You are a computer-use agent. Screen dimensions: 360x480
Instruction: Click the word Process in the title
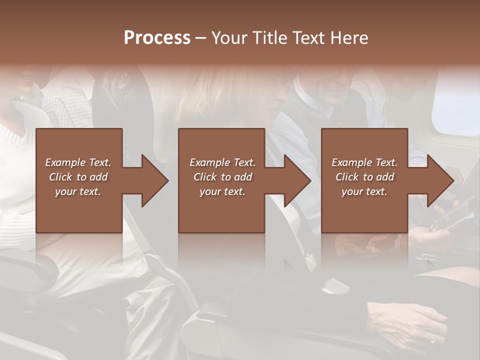[157, 38]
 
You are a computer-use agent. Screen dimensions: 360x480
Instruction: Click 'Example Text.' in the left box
[78, 162]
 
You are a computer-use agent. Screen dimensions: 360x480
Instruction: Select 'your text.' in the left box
[78, 191]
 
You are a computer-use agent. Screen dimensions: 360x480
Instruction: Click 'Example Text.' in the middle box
[222, 162]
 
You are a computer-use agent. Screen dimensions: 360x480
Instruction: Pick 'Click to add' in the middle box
[222, 177]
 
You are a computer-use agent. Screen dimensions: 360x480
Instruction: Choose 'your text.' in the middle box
[222, 191]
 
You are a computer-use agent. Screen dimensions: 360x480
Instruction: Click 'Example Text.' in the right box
[364, 162]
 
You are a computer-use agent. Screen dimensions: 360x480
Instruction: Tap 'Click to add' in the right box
[364, 177]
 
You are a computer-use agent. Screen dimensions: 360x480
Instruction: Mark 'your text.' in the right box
[364, 191]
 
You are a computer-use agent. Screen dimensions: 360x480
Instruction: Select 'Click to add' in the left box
[78, 177]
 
